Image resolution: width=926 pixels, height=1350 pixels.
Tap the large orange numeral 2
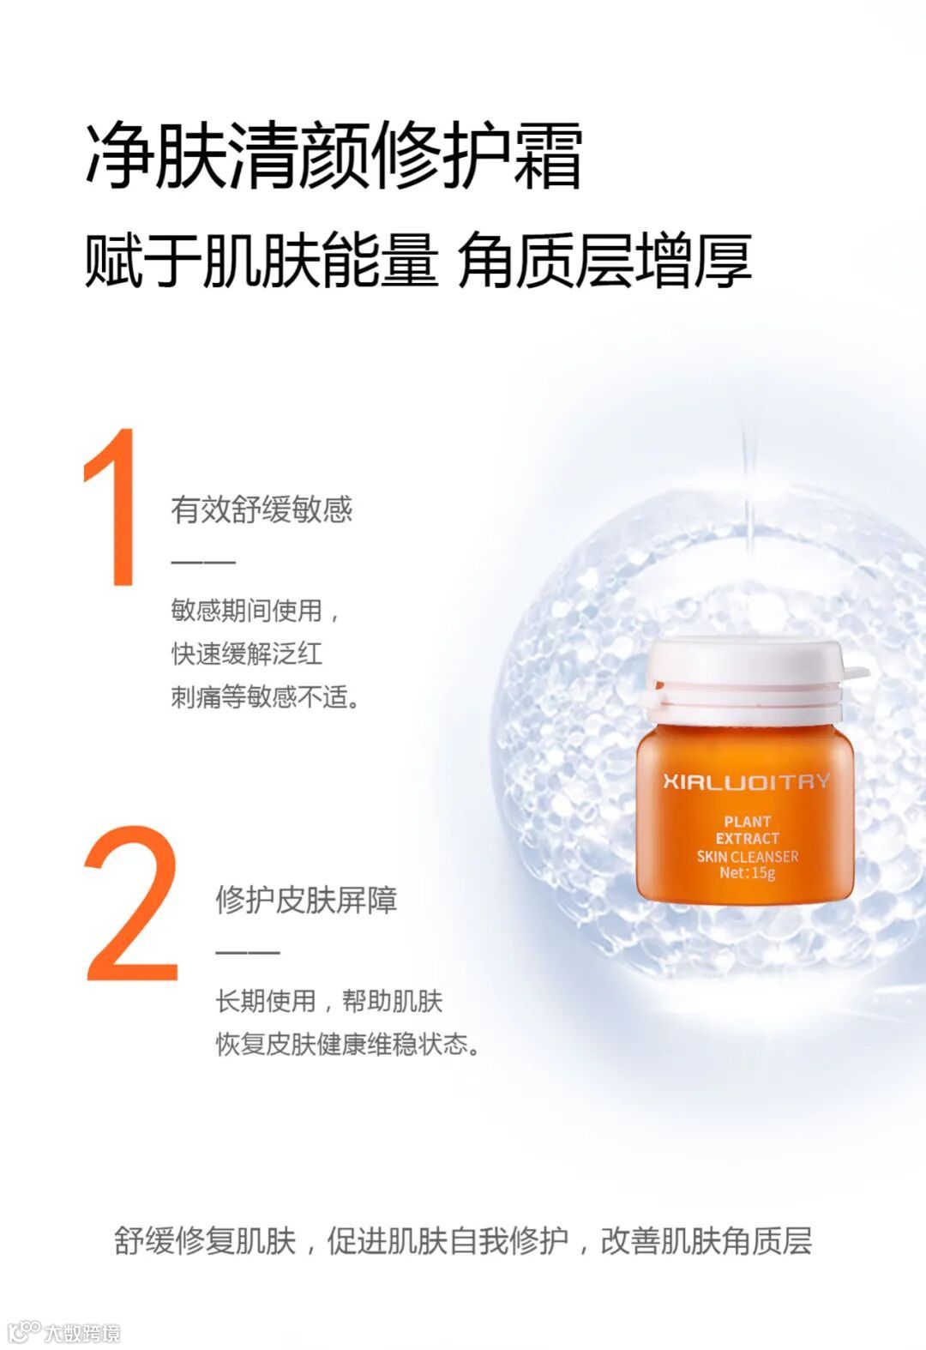pyautogui.click(x=131, y=903)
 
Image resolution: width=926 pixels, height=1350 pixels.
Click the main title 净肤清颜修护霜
pyautogui.click(x=334, y=155)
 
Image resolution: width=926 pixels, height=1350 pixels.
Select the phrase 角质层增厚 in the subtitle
pyautogui.click(x=604, y=260)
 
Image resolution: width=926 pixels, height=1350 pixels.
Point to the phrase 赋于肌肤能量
pyautogui.click(x=262, y=260)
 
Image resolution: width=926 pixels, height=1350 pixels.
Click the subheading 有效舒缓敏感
pyautogui.click(x=262, y=509)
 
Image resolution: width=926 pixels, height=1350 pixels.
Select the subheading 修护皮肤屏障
pyautogui.click(x=307, y=901)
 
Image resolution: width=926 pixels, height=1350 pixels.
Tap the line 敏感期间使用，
pyautogui.click(x=256, y=611)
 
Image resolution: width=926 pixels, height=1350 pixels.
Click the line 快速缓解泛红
pyautogui.click(x=247, y=654)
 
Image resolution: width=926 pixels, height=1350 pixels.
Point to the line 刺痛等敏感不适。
pyautogui.click(x=265, y=697)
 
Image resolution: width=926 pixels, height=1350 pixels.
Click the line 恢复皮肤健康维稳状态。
pyautogui.click(x=348, y=1045)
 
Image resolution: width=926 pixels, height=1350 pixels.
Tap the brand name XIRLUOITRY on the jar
pyautogui.click(x=747, y=781)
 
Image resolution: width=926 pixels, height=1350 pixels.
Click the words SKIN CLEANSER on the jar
pyautogui.click(x=747, y=856)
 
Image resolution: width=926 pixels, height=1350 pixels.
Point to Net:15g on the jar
pyautogui.click(x=747, y=872)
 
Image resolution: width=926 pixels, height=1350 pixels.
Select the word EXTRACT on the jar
pyautogui.click(x=747, y=838)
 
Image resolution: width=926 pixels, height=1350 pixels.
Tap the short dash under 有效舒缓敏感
pyautogui.click(x=203, y=562)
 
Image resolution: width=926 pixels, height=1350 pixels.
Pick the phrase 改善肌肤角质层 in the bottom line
pyautogui.click(x=707, y=1242)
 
